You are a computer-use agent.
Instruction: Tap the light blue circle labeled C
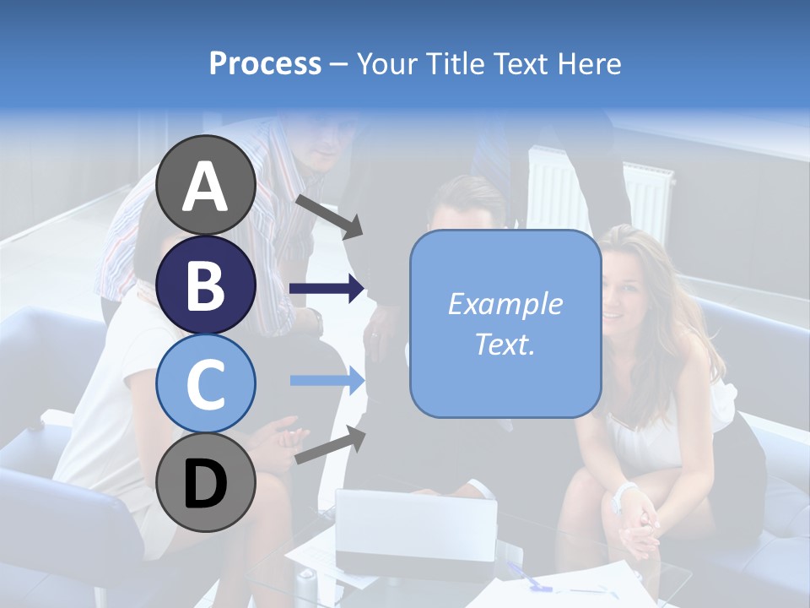pos(205,383)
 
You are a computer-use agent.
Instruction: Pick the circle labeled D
pos(205,482)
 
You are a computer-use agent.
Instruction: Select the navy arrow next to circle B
pos(327,289)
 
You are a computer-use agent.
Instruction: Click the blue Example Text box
pos(505,323)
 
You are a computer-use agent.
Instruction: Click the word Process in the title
pos(265,63)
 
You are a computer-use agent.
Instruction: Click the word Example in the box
pos(505,304)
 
